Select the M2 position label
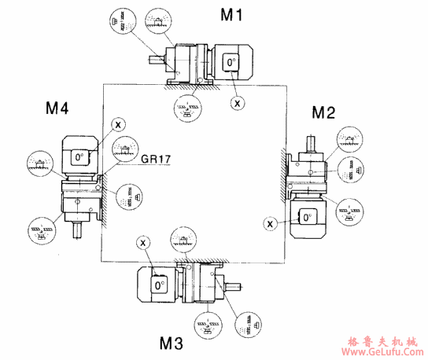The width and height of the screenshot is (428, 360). tap(323, 112)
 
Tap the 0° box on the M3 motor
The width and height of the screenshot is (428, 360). tap(159, 284)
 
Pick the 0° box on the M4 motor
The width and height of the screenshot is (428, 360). tap(79, 157)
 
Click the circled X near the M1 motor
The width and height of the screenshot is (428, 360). tap(237, 102)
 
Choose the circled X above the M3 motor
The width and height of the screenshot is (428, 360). tap(143, 243)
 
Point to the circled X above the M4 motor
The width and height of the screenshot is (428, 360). tap(117, 123)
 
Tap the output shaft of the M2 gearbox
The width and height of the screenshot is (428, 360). tap(312, 144)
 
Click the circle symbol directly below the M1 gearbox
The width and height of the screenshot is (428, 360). tap(187, 108)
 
